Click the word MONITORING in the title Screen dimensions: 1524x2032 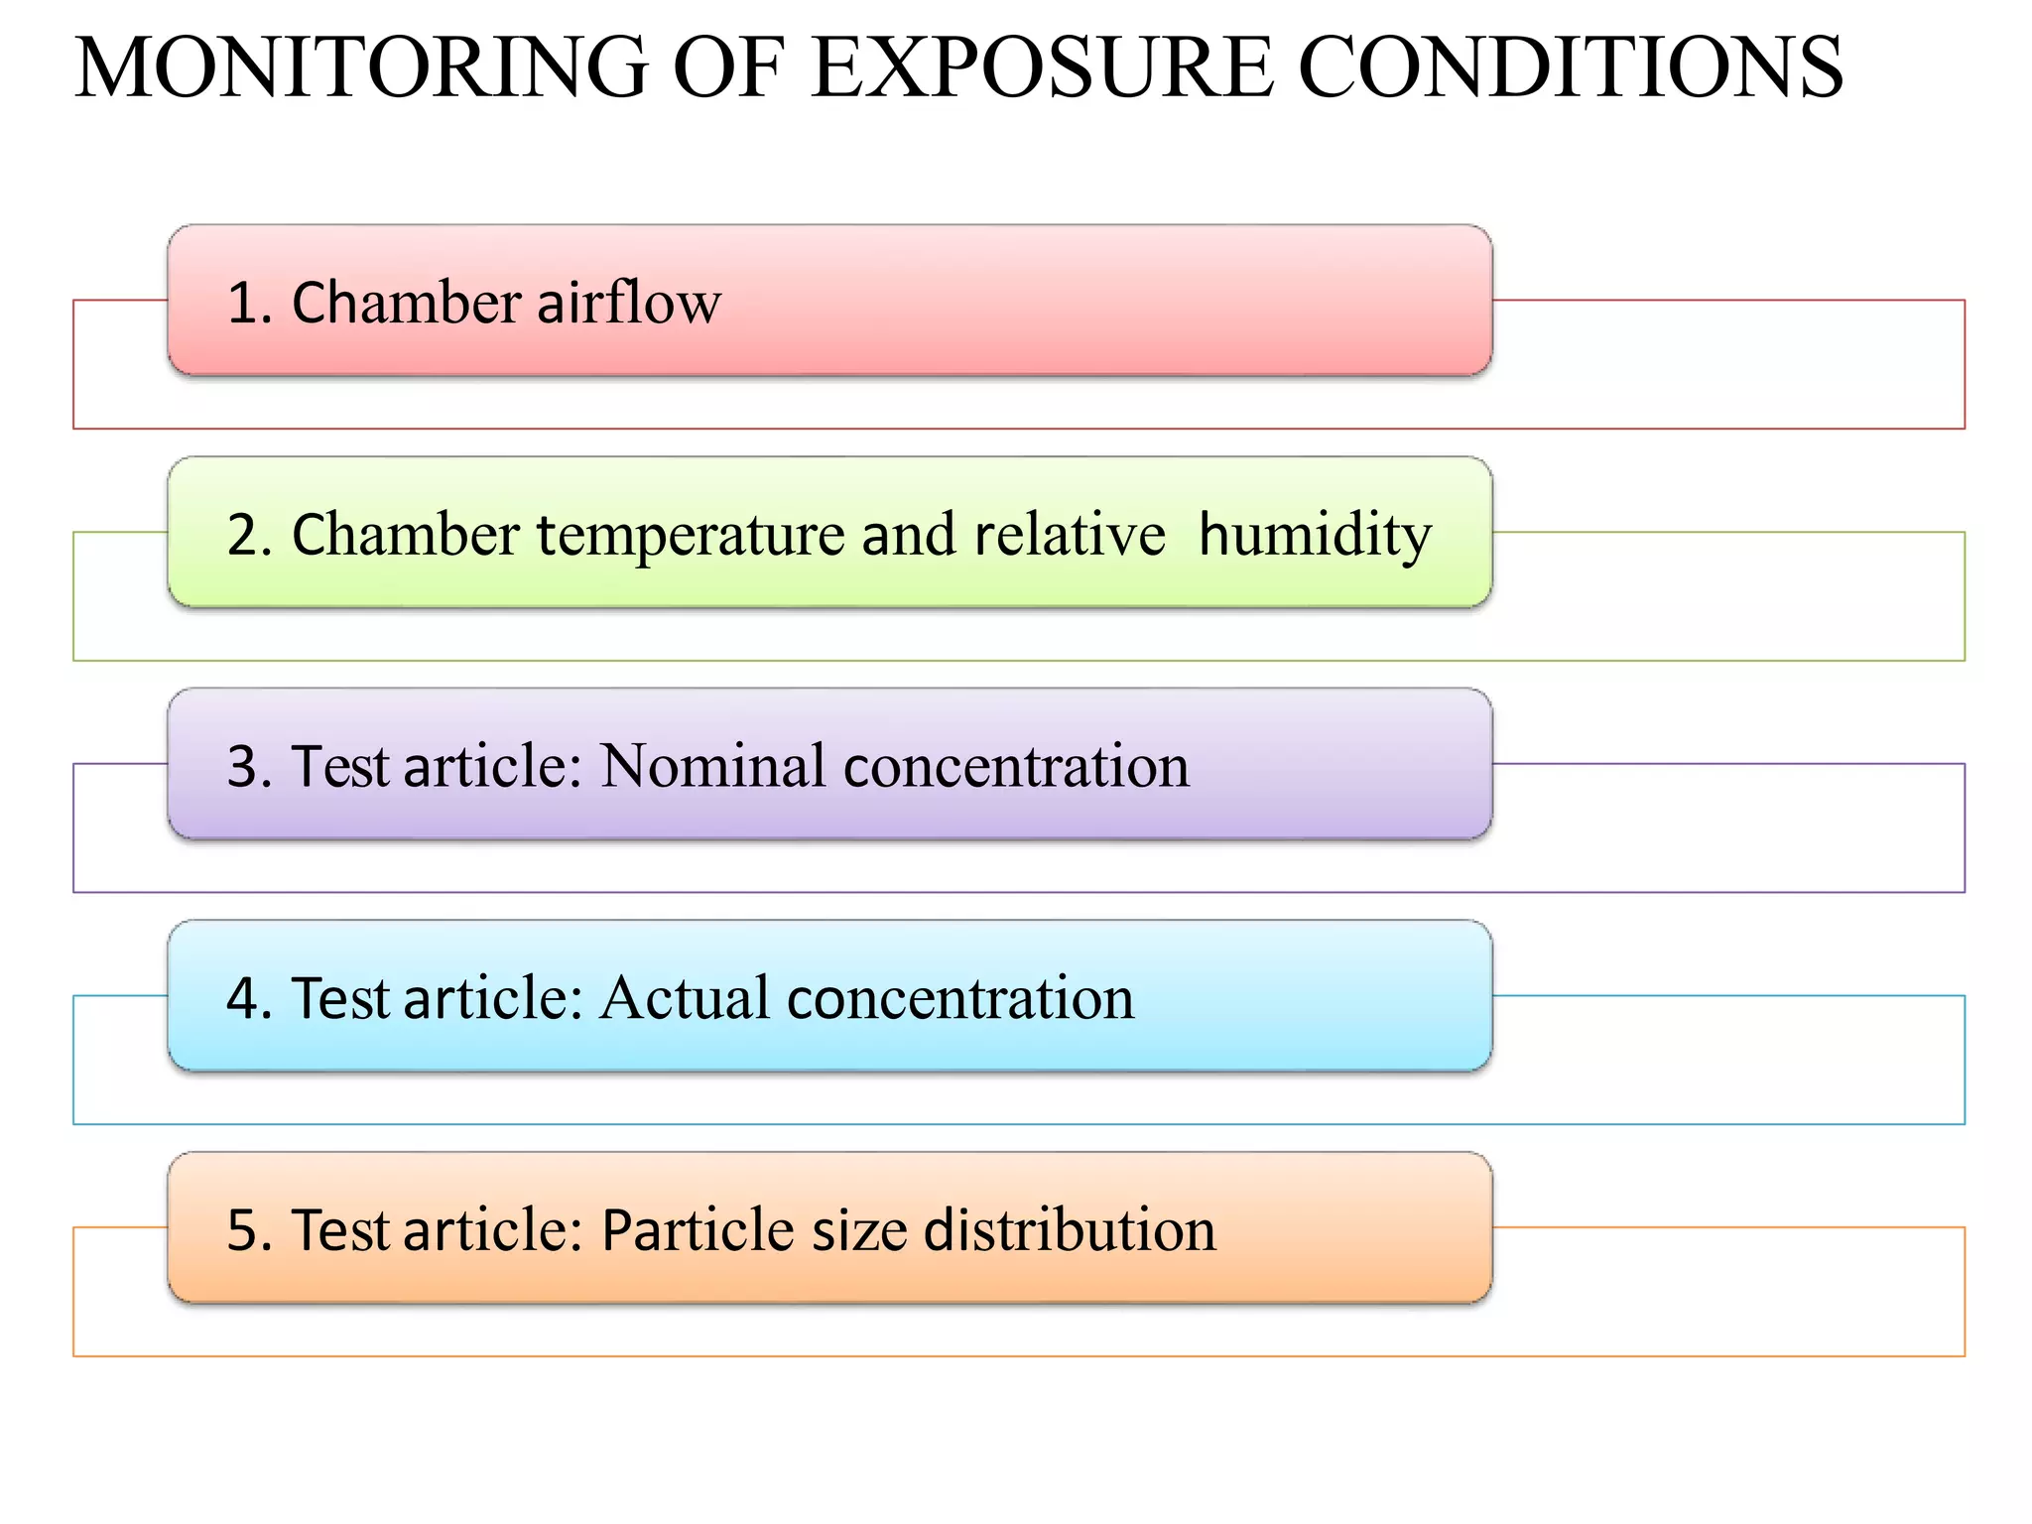pos(361,67)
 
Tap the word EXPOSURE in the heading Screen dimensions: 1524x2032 pos(1041,67)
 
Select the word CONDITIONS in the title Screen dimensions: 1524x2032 pos(1571,67)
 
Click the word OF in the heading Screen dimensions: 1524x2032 pos(728,67)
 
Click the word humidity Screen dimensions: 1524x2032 pos(1315,536)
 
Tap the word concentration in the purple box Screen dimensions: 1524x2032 pos(1016,767)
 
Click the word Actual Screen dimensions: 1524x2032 pos(685,998)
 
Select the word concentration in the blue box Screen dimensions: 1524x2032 pos(960,999)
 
